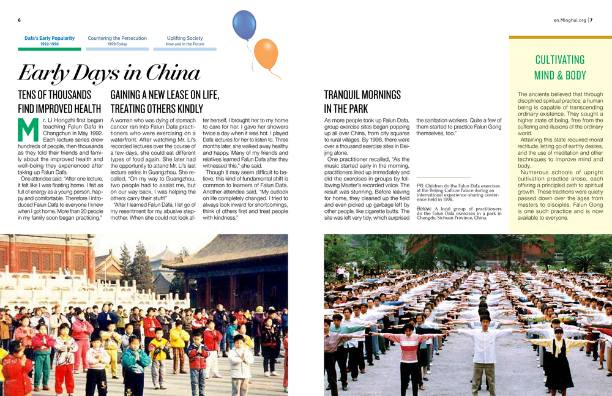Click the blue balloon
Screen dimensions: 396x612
coord(244,24)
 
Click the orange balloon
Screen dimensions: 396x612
coord(266,54)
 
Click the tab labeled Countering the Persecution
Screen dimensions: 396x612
coord(117,38)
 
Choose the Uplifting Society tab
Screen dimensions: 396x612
coord(185,38)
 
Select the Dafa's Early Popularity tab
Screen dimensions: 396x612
coord(50,38)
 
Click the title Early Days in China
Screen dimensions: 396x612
coord(109,73)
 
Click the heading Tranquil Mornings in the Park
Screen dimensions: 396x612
coord(362,102)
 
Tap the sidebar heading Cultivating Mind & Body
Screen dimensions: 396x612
coord(559,67)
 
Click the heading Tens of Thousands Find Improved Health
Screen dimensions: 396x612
coord(55,102)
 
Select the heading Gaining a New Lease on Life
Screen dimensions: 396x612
coord(165,95)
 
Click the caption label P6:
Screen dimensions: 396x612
coord(420,185)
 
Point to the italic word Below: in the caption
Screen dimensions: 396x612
coord(424,209)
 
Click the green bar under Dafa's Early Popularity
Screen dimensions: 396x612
coord(50,49)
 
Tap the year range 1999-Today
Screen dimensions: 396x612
coord(117,44)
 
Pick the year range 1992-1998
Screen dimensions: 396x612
coord(50,44)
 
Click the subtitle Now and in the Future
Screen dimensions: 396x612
coord(185,44)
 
